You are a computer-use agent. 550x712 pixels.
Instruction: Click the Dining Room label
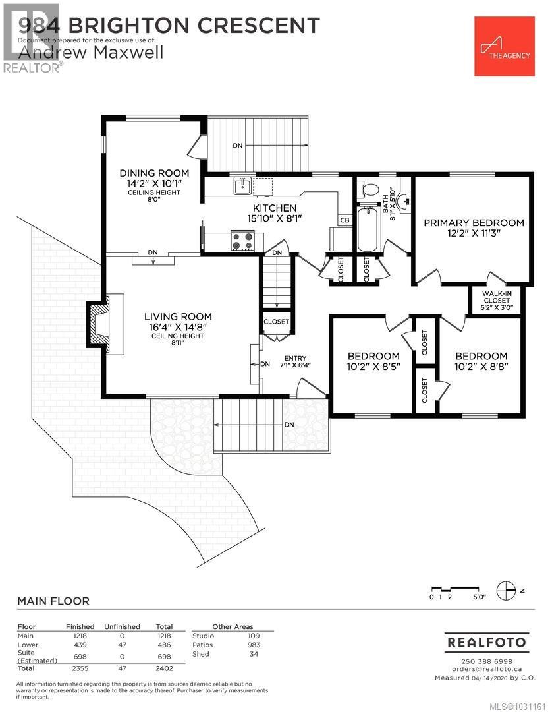pyautogui.click(x=153, y=173)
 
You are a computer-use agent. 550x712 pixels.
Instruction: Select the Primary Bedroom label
pyautogui.click(x=474, y=223)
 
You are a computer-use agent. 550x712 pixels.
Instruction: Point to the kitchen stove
pyautogui.click(x=242, y=241)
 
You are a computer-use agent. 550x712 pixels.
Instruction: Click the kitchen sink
pyautogui.click(x=242, y=187)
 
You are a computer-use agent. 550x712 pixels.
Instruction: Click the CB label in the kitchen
pyautogui.click(x=344, y=220)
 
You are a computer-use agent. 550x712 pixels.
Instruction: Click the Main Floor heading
pyautogui.click(x=53, y=601)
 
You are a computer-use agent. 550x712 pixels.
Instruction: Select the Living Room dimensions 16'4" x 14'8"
pyautogui.click(x=178, y=326)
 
